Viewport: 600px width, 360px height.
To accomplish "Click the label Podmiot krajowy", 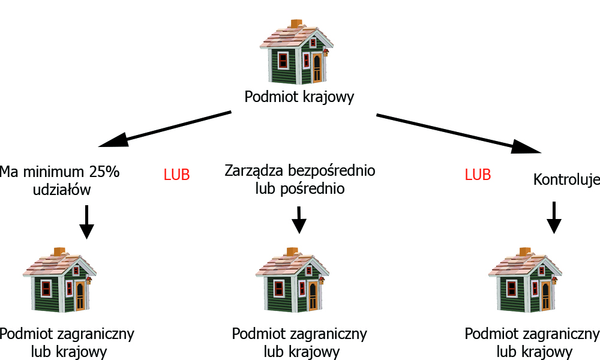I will (299, 97).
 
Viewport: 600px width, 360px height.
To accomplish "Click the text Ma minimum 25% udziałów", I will (60, 181).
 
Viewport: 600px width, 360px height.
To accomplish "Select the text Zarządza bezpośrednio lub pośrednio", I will (300, 179).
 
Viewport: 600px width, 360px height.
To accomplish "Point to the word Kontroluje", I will (566, 179).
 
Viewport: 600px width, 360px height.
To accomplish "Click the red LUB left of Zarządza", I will (176, 175).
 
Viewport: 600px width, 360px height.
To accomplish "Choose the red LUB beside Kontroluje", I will (478, 175).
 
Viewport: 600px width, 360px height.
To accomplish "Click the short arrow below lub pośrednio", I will (298, 220).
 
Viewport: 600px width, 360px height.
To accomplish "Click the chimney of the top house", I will (296, 23).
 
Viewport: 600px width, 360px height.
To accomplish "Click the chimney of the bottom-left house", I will (59, 251).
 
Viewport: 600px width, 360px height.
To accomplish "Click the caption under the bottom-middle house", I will (299, 342).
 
